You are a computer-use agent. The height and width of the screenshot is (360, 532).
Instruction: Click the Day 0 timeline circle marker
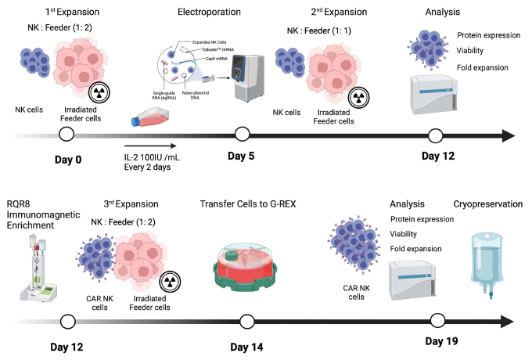(x=66, y=135)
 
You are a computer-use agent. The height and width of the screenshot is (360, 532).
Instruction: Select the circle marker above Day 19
(x=437, y=320)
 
